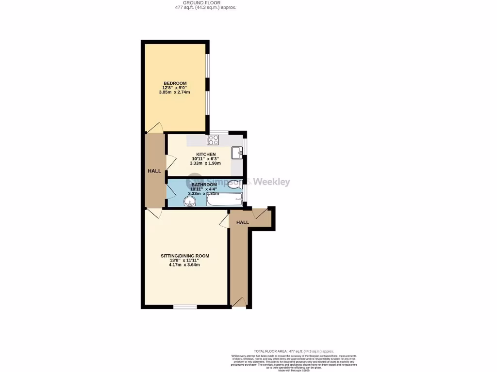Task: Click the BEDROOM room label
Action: [175, 83]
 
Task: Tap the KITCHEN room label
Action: [206, 155]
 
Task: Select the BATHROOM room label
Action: [204, 185]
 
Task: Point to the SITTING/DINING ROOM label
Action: [185, 256]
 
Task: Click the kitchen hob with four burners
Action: [213, 140]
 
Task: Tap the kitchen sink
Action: [237, 153]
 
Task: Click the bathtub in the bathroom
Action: [224, 199]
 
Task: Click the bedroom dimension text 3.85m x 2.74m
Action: [174, 92]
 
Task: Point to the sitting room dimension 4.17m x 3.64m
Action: [184, 265]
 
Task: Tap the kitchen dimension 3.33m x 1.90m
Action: [206, 163]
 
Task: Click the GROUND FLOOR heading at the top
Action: [205, 3]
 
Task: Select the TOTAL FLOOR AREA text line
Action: [294, 351]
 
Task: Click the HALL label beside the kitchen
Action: [154, 171]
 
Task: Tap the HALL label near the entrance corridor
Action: [242, 222]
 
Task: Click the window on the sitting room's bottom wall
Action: [185, 307]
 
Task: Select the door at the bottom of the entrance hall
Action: [238, 303]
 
